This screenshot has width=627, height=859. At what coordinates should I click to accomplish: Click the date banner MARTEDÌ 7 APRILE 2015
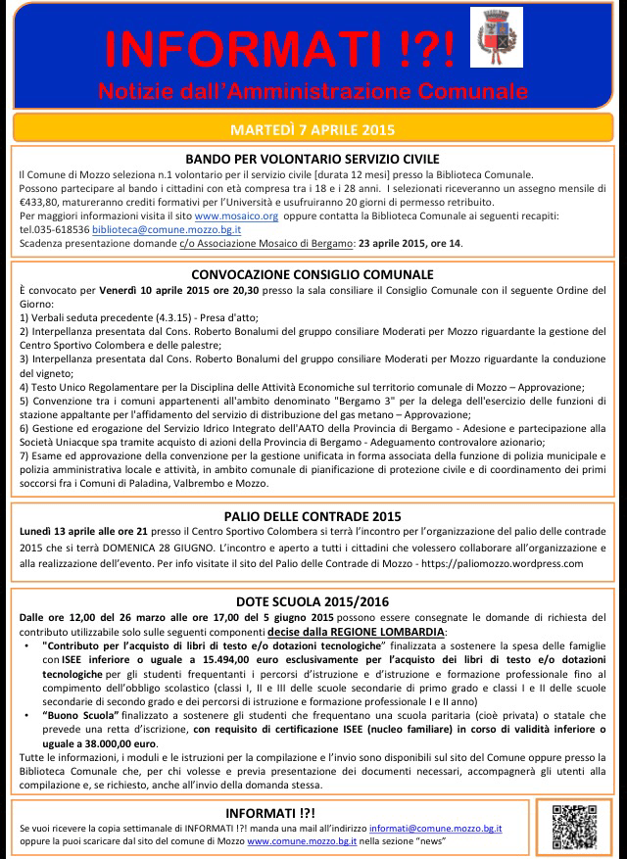[312, 128]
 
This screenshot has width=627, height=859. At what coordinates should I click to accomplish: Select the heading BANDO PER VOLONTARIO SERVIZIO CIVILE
[312, 159]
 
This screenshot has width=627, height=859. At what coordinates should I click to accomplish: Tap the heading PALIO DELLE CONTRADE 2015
[312, 514]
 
